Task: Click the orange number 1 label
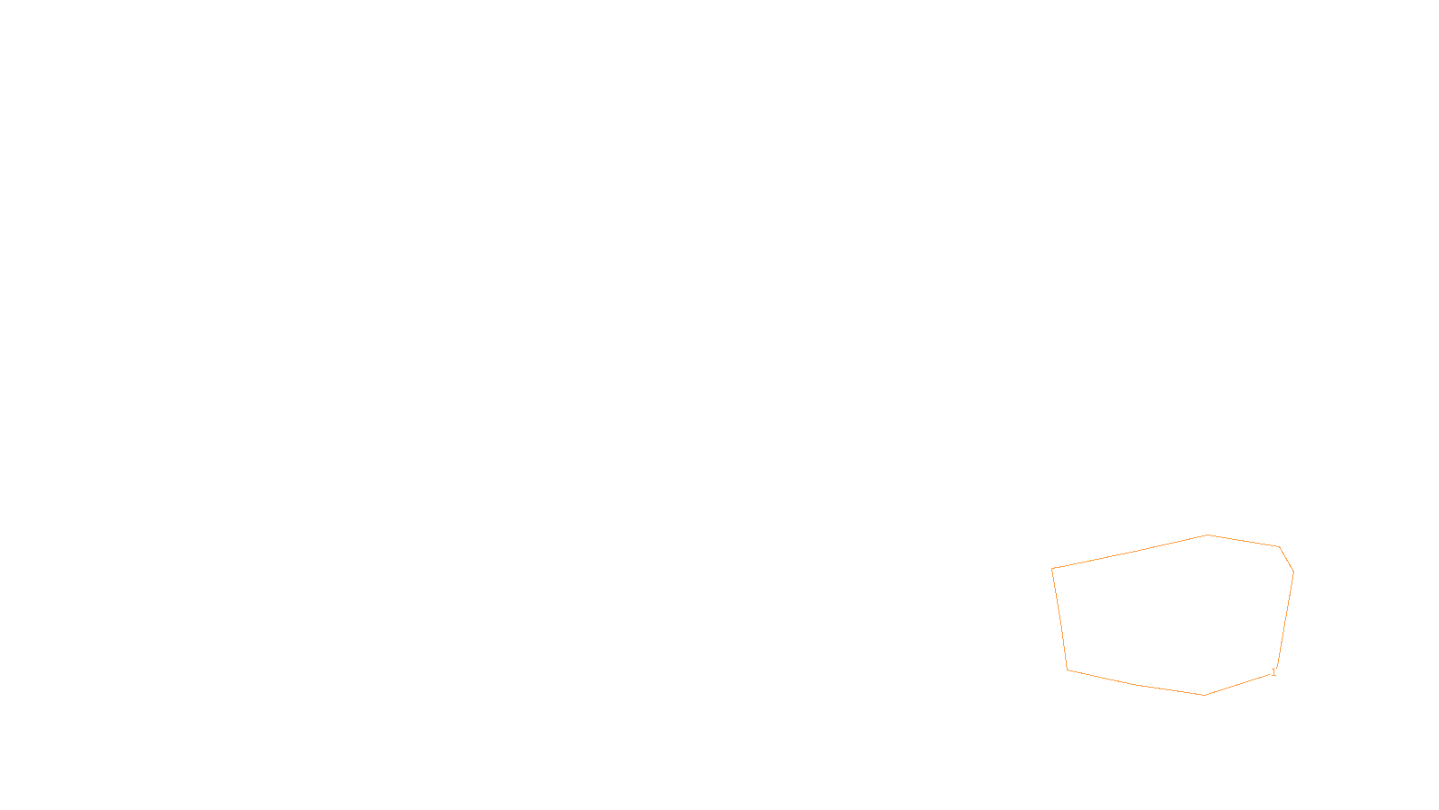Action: (x=1274, y=672)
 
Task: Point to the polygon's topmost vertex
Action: (x=1207, y=535)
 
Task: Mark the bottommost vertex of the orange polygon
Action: (x=1204, y=695)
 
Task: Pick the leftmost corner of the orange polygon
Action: (x=1052, y=569)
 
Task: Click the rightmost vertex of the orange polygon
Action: (x=1293, y=572)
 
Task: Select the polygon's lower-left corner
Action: (x=1068, y=670)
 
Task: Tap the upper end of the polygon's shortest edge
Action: (x=1279, y=546)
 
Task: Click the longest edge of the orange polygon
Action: (x=1130, y=552)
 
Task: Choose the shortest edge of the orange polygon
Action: (x=1286, y=559)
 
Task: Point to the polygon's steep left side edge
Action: (x=1059, y=619)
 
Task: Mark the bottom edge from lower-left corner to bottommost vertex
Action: (x=1135, y=685)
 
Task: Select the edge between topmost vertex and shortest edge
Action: (x=1243, y=540)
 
